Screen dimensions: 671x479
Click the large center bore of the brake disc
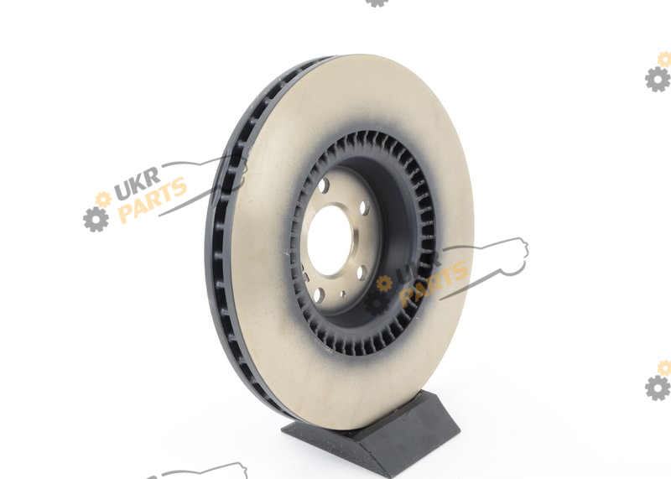pos(330,240)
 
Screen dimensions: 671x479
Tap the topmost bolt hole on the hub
pos(324,185)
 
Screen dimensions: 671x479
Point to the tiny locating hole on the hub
pos(343,294)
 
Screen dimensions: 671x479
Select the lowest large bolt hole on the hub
pos(319,295)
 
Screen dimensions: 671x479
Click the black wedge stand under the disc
pos(371,432)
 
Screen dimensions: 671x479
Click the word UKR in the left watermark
pos(138,183)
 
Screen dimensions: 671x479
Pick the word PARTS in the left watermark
pos(153,200)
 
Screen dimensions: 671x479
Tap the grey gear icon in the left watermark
pos(96,220)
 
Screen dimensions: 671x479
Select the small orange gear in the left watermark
pos(103,199)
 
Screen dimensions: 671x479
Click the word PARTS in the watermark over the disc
pos(433,284)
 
